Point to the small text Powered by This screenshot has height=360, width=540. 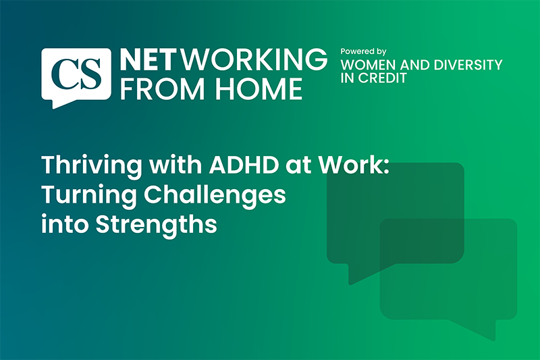(x=363, y=51)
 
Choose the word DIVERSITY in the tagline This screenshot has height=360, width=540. (x=468, y=66)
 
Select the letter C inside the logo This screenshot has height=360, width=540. (x=65, y=71)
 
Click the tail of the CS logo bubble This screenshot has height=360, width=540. (x=55, y=102)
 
